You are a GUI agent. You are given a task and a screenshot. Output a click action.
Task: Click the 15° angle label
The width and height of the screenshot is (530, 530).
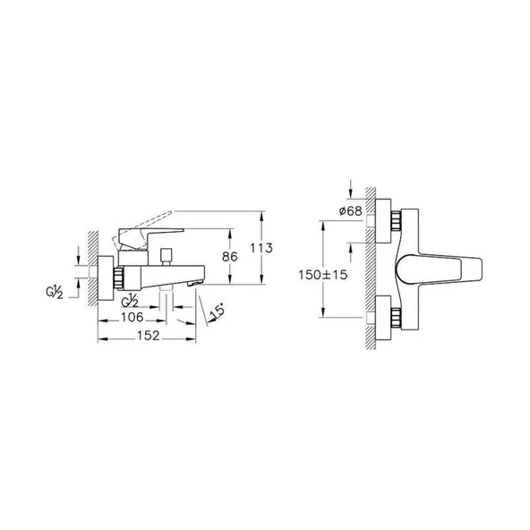[x=217, y=312]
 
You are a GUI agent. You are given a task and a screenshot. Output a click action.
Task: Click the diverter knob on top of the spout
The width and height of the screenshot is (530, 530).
[x=164, y=258]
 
